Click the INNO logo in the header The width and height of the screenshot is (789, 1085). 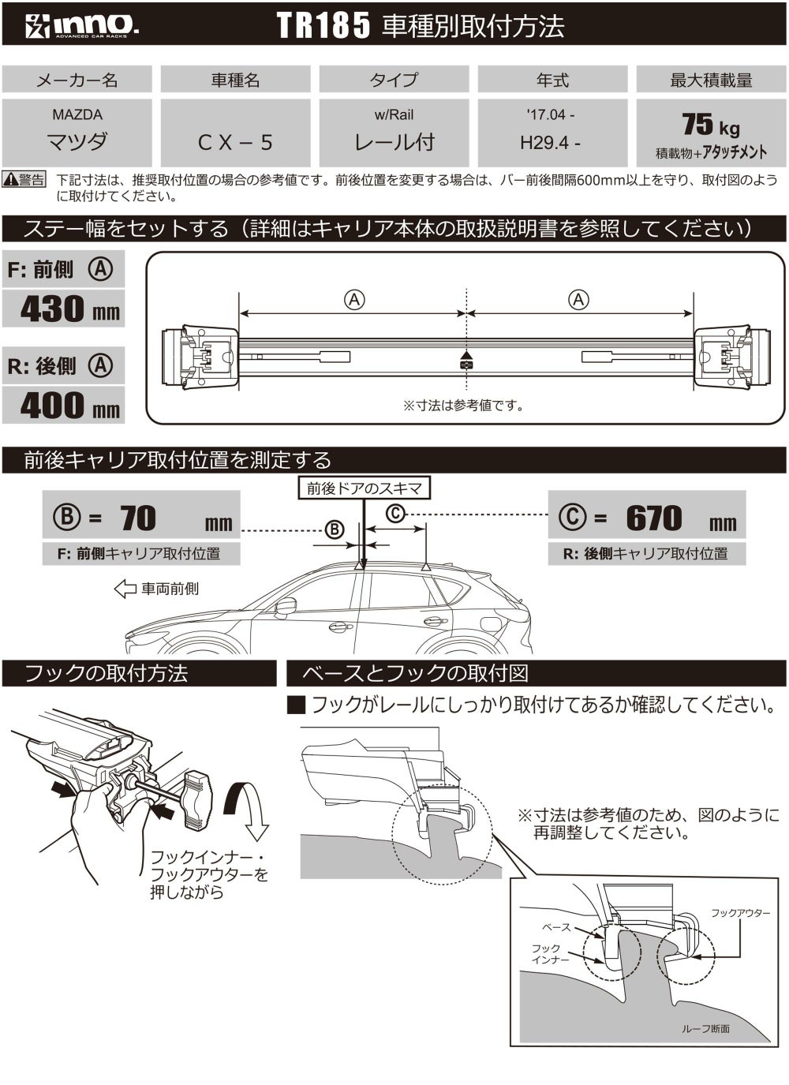[82, 26]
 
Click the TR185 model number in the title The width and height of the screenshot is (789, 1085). [323, 26]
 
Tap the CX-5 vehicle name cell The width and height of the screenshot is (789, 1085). [235, 141]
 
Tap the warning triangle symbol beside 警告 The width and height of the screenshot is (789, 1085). [12, 181]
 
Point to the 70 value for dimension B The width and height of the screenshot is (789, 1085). [139, 518]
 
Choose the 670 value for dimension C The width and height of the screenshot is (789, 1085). [653, 518]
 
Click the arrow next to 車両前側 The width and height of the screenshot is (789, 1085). [125, 589]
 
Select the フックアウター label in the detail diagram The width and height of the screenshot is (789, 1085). [740, 912]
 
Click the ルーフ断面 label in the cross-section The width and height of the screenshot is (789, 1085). [705, 1028]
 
